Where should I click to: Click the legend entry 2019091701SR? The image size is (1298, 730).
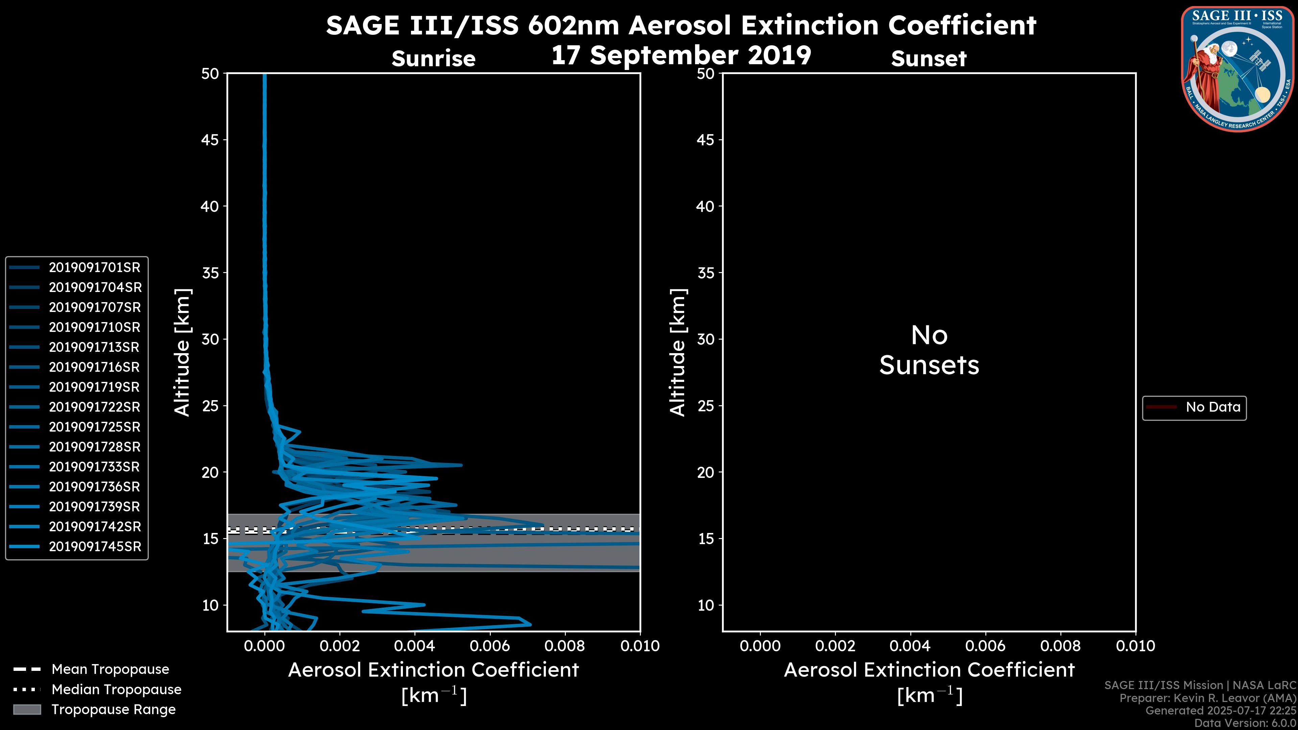coord(94,268)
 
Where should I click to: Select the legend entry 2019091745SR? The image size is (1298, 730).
coord(95,546)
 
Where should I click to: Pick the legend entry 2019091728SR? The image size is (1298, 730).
coord(94,447)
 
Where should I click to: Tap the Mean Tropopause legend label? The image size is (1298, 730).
coord(110,670)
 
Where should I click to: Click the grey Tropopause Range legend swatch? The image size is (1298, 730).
coord(27,709)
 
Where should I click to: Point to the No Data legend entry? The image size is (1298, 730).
coord(1212,407)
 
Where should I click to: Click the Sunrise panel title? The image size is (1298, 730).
coord(433,59)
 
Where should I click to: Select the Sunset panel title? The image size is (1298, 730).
coord(928,59)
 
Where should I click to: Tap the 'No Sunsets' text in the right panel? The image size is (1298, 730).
coord(929,351)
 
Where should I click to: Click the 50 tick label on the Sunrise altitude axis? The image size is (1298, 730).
coord(210,74)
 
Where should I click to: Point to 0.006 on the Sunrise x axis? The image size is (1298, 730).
coord(489,646)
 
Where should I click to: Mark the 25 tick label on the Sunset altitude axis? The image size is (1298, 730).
coord(705,406)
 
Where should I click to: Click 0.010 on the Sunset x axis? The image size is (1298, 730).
coord(1135,646)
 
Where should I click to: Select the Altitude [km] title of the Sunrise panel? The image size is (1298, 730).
coord(182,352)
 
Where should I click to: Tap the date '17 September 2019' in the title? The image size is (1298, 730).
coord(681,55)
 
